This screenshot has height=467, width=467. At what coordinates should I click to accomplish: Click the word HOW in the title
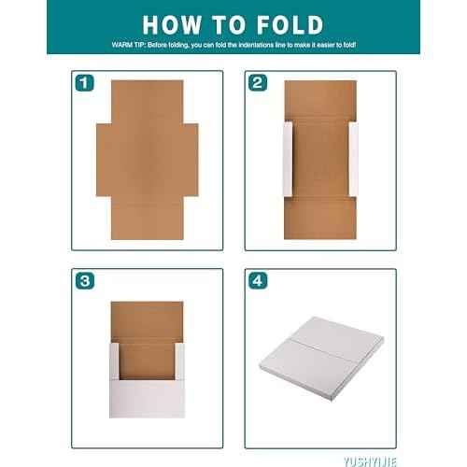pyautogui.click(x=177, y=24)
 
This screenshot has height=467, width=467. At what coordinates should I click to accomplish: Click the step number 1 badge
pyautogui.click(x=85, y=83)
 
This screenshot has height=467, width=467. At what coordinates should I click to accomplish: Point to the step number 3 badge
pyautogui.click(x=85, y=280)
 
